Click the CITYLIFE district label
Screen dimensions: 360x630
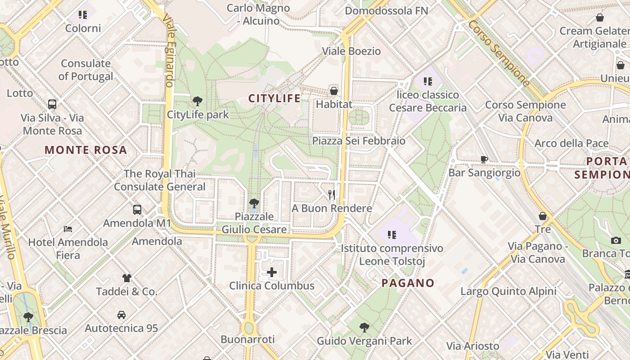tap(274, 99)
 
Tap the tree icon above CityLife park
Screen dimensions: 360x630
tap(197, 101)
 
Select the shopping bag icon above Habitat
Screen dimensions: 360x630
tap(334, 90)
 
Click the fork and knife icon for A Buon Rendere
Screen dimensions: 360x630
tap(332, 194)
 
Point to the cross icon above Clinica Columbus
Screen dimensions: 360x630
tap(272, 272)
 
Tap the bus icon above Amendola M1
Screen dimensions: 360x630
tap(137, 209)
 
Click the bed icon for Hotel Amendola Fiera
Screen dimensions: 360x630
tap(68, 229)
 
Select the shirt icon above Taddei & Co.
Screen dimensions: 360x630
tap(127, 278)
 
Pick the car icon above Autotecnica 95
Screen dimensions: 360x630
tap(121, 315)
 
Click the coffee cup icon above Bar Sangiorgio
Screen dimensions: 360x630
tap(484, 159)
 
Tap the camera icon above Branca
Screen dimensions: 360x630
tap(616, 240)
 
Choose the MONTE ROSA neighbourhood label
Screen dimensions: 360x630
tap(86, 150)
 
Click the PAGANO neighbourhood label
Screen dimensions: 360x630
tap(408, 283)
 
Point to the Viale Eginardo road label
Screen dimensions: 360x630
tap(169, 49)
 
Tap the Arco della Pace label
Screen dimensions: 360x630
tap(571, 144)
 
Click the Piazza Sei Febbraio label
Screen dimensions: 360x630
tap(359, 141)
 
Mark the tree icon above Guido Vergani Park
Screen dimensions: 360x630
tap(364, 327)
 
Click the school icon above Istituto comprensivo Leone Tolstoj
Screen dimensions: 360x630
tap(392, 234)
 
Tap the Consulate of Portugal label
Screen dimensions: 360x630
tap(85, 70)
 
